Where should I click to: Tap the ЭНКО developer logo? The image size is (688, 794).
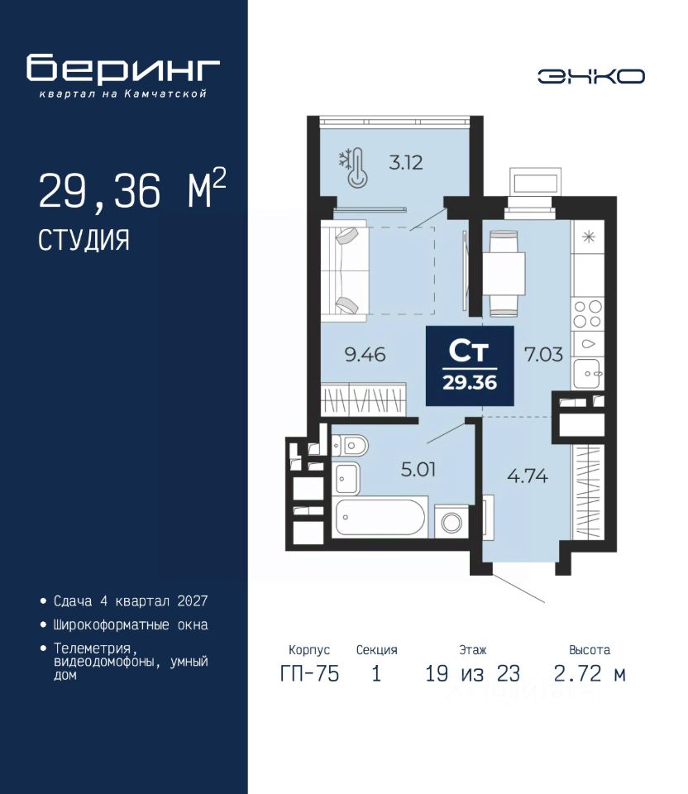point(590,76)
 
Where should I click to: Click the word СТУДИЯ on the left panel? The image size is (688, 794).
point(84,241)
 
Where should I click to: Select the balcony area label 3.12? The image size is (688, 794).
point(405,163)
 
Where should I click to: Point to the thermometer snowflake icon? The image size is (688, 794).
point(354,168)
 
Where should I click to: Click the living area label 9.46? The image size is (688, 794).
point(365,355)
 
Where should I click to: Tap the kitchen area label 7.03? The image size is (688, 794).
point(543,355)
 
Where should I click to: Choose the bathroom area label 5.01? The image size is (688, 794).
point(418,470)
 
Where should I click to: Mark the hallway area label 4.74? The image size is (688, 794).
point(527,476)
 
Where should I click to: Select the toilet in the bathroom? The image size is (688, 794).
point(351,446)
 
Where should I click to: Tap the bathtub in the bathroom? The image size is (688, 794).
point(380,517)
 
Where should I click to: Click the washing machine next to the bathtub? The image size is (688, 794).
point(451,522)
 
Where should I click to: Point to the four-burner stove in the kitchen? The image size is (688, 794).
point(587,314)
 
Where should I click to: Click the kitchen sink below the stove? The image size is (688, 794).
point(587,374)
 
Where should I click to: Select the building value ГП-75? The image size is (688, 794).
point(309,674)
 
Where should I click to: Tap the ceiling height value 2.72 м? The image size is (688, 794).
point(590,674)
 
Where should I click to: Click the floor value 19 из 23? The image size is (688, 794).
point(473,674)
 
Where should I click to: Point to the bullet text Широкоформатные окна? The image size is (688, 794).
point(131,625)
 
